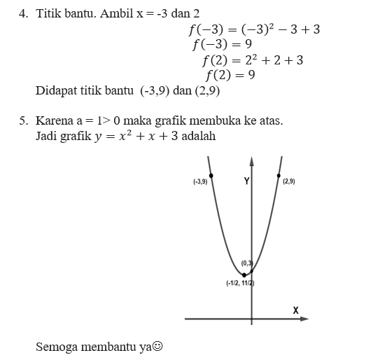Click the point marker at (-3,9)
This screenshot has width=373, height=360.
pos(211,175)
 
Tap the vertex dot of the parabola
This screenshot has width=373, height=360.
pos(244,275)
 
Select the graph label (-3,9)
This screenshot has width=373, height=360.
pos(200,182)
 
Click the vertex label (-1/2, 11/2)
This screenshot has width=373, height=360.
pos(239,283)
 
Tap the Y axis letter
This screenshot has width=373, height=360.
pos(246,181)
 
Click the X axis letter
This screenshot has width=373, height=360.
pos(295,310)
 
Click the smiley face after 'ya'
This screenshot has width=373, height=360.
pos(158,347)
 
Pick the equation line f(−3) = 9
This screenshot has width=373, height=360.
pos(222,45)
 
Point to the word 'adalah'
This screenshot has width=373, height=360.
pos(199,135)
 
